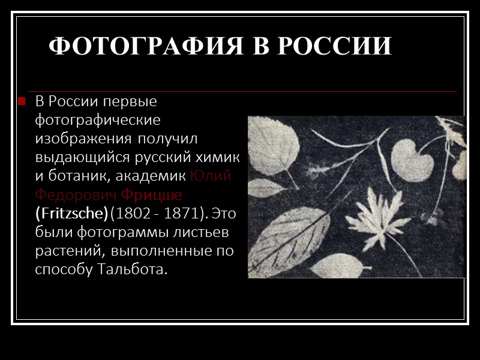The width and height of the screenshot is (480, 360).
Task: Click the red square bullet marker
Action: pos(22,101)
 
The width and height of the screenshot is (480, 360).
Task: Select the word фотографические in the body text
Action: pos(98,120)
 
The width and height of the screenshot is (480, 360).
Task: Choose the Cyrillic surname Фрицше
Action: pos(152,195)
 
